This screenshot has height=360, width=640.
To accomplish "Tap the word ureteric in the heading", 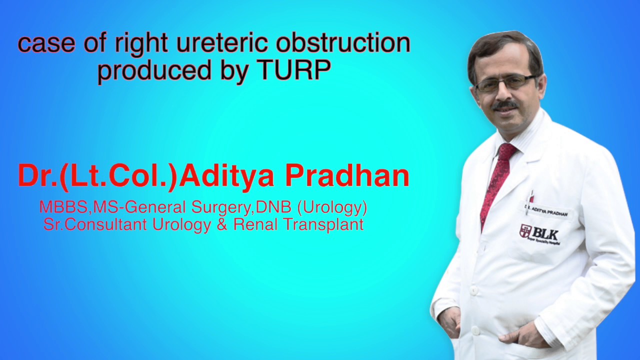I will pos(221,43).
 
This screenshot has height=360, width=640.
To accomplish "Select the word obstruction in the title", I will pos(343,43).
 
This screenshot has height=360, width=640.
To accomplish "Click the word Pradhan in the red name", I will pos(347,176).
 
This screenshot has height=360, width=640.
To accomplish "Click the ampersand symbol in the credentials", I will pos(221,224).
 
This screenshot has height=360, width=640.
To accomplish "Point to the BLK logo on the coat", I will pos(539,233).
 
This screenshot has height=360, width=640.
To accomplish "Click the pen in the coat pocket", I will pos(531,196).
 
